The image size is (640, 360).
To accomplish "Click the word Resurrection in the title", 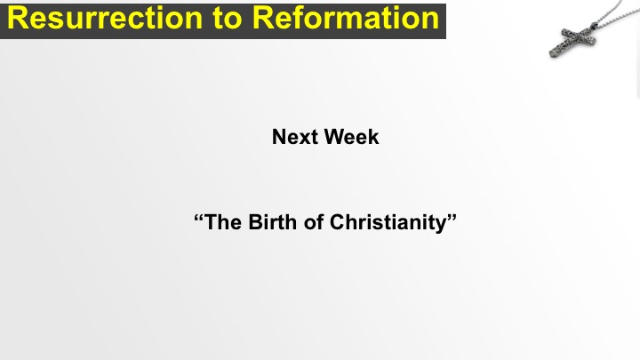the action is tap(105, 18).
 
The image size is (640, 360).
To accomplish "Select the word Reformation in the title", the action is tap(346, 18).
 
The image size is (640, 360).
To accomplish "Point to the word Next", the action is tap(295, 137).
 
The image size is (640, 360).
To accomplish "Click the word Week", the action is tap(352, 137).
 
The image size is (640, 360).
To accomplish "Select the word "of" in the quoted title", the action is tap(314, 222).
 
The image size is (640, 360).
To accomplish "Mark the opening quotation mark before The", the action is tap(198, 218).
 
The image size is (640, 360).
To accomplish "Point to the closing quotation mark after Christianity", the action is tap(452, 218).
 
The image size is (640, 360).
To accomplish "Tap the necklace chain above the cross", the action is tap(612, 14).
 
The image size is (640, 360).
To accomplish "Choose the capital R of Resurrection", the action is tap(17, 19).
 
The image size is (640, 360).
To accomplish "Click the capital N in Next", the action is tap(279, 137).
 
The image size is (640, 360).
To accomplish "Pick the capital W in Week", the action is tap(335, 137).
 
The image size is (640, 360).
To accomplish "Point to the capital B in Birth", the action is tap(255, 222).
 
